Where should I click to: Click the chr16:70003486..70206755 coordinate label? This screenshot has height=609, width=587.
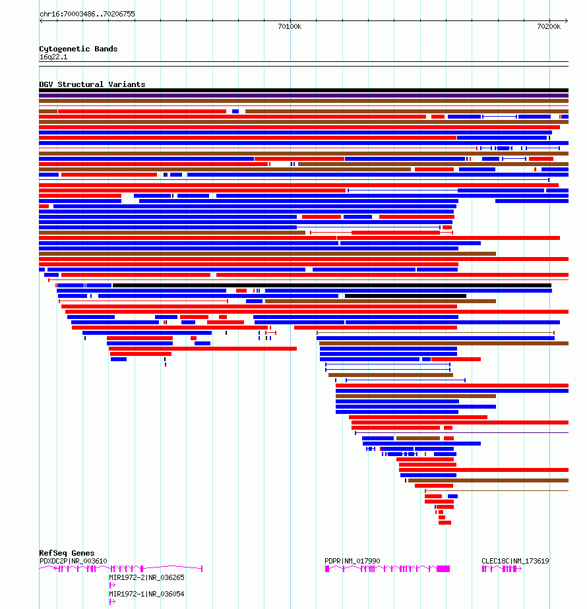[87, 14]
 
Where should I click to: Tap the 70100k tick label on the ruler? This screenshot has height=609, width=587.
[290, 26]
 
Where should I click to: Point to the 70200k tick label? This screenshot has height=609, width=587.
[549, 26]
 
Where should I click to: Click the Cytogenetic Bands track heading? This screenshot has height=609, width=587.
[78, 49]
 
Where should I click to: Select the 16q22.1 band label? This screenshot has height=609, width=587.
[53, 57]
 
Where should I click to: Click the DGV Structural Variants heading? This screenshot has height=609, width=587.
[92, 84]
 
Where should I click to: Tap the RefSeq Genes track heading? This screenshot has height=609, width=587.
[67, 553]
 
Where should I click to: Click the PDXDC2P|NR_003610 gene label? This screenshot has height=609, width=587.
[73, 562]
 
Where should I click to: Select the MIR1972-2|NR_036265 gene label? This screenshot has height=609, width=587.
[146, 577]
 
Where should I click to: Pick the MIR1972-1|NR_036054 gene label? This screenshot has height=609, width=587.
[146, 594]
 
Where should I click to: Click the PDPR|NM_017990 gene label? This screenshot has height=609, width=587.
[352, 562]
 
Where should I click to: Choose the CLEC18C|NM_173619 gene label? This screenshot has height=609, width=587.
[515, 562]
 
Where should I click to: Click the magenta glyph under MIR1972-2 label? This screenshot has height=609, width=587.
[112, 585]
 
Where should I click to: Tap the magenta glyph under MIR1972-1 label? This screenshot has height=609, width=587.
[112, 602]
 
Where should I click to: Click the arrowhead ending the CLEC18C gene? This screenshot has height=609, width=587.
[520, 569]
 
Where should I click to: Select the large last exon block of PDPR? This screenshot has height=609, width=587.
[443, 569]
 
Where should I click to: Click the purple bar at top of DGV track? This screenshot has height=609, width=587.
[303, 96]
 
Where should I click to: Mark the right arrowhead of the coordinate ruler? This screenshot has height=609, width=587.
[567, 20]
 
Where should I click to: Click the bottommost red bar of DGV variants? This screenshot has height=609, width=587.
[445, 523]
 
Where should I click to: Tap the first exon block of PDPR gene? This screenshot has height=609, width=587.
[327, 569]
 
